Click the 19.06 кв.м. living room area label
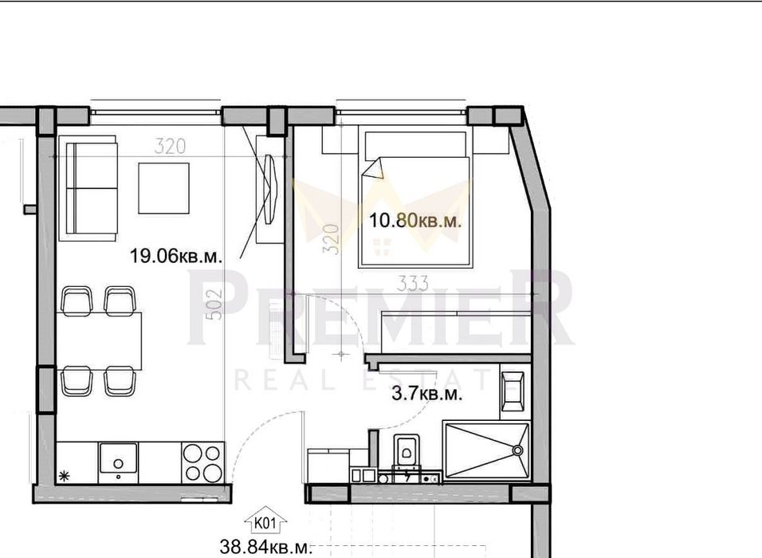click(x=176, y=256)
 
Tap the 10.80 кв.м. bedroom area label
click(x=415, y=221)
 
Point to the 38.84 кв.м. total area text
click(x=265, y=548)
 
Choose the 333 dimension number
click(x=411, y=284)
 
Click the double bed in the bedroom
click(x=415, y=199)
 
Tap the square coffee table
click(x=163, y=188)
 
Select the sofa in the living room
click(x=91, y=188)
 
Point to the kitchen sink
click(x=118, y=460)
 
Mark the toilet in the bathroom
click(x=407, y=452)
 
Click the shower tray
click(x=487, y=451)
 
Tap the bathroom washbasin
click(x=512, y=391)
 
